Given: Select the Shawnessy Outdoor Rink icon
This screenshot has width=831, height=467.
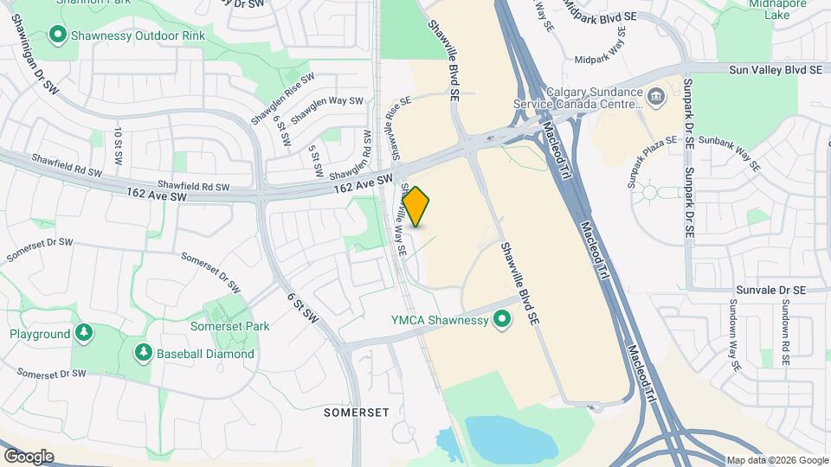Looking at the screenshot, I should pyautogui.click(x=59, y=35).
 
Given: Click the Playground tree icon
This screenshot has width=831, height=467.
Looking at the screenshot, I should pyautogui.click(x=83, y=334).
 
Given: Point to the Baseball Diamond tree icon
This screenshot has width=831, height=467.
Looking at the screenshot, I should pyautogui.click(x=144, y=353).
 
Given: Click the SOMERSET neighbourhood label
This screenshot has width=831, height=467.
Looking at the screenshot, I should pyautogui.click(x=357, y=413).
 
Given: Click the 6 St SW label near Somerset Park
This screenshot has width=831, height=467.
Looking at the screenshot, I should pyautogui.click(x=304, y=309).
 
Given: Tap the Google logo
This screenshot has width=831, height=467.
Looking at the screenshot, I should pyautogui.click(x=28, y=456).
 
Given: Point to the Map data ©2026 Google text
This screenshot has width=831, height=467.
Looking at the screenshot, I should pyautogui.click(x=776, y=460).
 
